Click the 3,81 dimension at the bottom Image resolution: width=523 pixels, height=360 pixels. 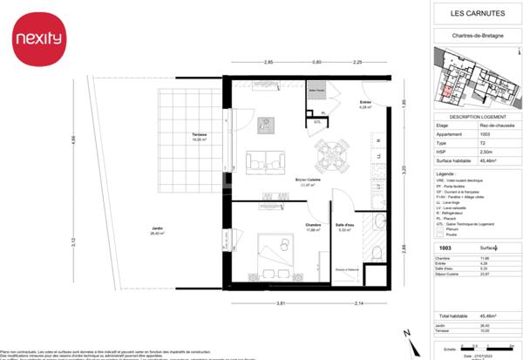click(281, 302)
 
